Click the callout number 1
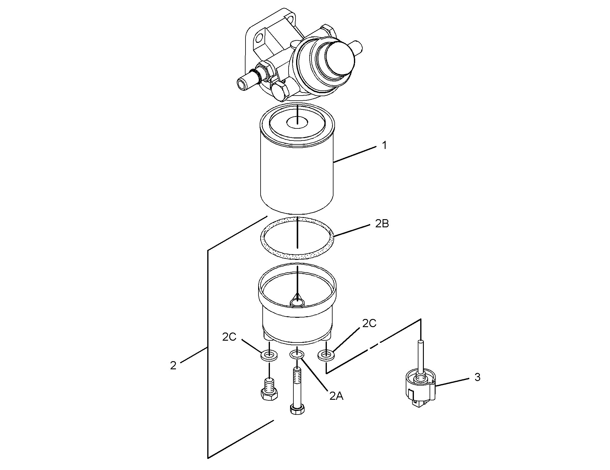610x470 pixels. (384, 146)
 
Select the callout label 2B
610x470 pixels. (382, 224)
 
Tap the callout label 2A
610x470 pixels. (336, 396)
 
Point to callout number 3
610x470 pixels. (477, 377)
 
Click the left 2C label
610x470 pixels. (229, 337)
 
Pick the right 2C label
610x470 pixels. (369, 323)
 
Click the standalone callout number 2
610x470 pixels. (173, 366)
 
